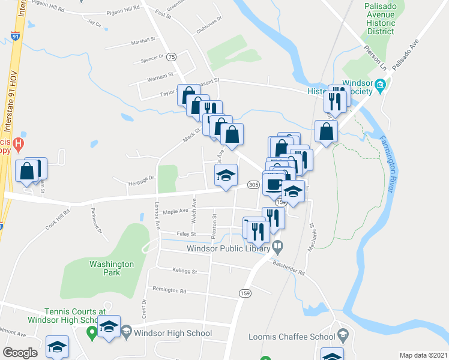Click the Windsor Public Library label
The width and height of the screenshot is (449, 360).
(x=228, y=247)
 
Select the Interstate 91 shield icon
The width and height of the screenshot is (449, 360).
(x=14, y=36)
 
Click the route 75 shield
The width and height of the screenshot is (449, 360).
(x=172, y=56)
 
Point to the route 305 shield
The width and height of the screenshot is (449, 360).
(x=253, y=185)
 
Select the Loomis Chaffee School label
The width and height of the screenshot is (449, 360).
(x=292, y=337)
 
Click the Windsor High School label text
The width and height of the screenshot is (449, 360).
(x=173, y=333)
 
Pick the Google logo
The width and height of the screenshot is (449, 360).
(x=20, y=353)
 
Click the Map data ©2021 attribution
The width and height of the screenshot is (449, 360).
(x=423, y=355)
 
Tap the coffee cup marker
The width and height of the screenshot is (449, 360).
(x=274, y=184)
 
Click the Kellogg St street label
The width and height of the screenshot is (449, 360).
(x=185, y=272)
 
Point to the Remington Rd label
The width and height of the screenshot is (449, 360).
(x=169, y=290)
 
